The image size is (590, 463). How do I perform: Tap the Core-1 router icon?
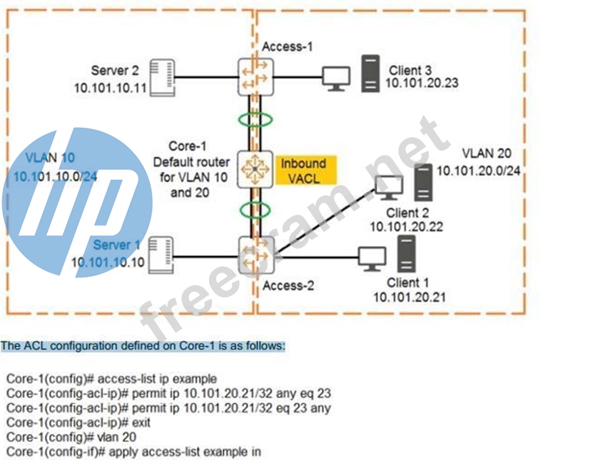pyautogui.click(x=256, y=169)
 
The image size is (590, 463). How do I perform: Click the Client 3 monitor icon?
pyautogui.click(x=336, y=77)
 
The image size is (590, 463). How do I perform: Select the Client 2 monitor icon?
pyautogui.click(x=388, y=188)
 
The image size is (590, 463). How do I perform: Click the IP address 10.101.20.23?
pyautogui.click(x=422, y=83)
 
